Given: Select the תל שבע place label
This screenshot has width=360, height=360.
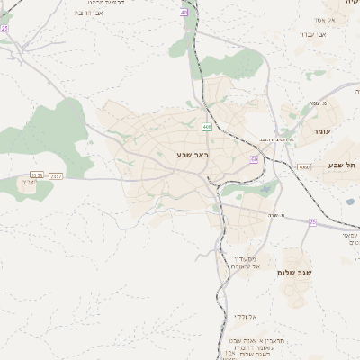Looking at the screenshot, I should coord(343,165).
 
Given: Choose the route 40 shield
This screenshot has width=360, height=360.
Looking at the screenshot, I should coord(184,13).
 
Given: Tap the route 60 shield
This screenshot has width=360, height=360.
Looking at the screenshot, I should coord(255,159).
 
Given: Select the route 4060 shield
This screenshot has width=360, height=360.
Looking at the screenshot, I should coord(304,166).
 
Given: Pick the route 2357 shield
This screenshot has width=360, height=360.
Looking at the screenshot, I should coord(56,175).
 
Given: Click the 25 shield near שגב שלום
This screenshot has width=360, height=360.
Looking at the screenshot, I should coord(311,221).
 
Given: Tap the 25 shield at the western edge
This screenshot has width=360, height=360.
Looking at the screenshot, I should coord(4,28).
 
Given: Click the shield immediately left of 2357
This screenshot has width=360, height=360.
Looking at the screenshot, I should coord(37,175).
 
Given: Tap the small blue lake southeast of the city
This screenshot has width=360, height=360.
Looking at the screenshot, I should coord(268,189).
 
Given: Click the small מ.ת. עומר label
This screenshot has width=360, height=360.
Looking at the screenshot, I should coord(313,103).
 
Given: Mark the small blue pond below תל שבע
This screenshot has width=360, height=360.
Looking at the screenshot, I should coord(349,201).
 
